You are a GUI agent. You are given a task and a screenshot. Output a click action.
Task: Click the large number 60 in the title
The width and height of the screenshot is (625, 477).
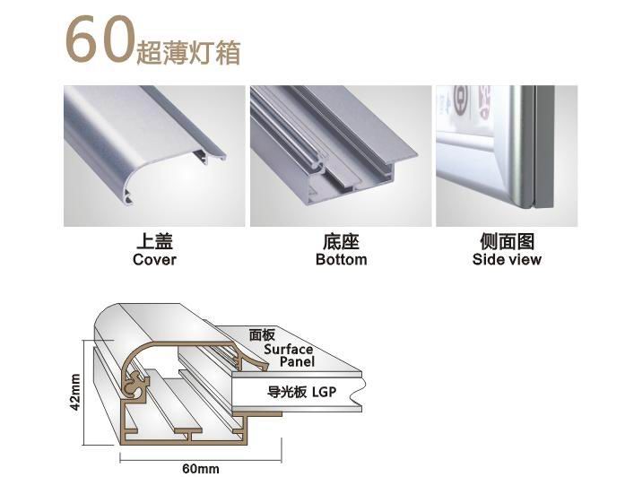coord(99,39)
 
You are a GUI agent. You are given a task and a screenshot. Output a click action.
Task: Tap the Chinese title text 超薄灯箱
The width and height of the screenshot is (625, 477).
coord(188,53)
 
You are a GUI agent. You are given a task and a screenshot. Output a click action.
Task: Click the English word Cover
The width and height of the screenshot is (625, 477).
coord(154,259)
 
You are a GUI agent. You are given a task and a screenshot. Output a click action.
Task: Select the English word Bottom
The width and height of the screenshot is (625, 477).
coord(342,259)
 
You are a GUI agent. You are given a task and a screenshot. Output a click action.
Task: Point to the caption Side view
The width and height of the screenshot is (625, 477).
coord(507,259)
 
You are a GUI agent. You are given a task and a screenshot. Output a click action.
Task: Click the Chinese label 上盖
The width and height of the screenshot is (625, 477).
coord(154,241)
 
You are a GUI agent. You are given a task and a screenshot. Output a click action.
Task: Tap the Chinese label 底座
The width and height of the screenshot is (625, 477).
coord(342,241)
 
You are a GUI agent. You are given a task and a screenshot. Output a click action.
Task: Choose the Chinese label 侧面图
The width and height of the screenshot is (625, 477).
coord(507,241)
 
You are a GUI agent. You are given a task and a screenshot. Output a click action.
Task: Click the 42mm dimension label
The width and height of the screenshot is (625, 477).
coord(74,393)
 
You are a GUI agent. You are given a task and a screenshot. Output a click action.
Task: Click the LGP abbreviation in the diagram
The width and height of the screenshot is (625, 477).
coord(324,392)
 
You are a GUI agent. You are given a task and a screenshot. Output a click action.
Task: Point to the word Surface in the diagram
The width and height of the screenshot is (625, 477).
coord(288,349)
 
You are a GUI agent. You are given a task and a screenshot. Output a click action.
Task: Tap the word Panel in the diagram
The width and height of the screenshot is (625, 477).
coord(297,362)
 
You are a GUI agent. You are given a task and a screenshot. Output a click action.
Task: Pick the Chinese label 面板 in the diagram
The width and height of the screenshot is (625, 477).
coord(262,335)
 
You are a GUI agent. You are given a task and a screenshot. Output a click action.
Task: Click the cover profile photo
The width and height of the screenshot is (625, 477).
coord(154,156)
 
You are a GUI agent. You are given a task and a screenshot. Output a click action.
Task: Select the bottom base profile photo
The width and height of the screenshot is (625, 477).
coord(341,156)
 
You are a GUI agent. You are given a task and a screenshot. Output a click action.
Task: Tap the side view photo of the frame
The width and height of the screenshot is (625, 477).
coord(507,156)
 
